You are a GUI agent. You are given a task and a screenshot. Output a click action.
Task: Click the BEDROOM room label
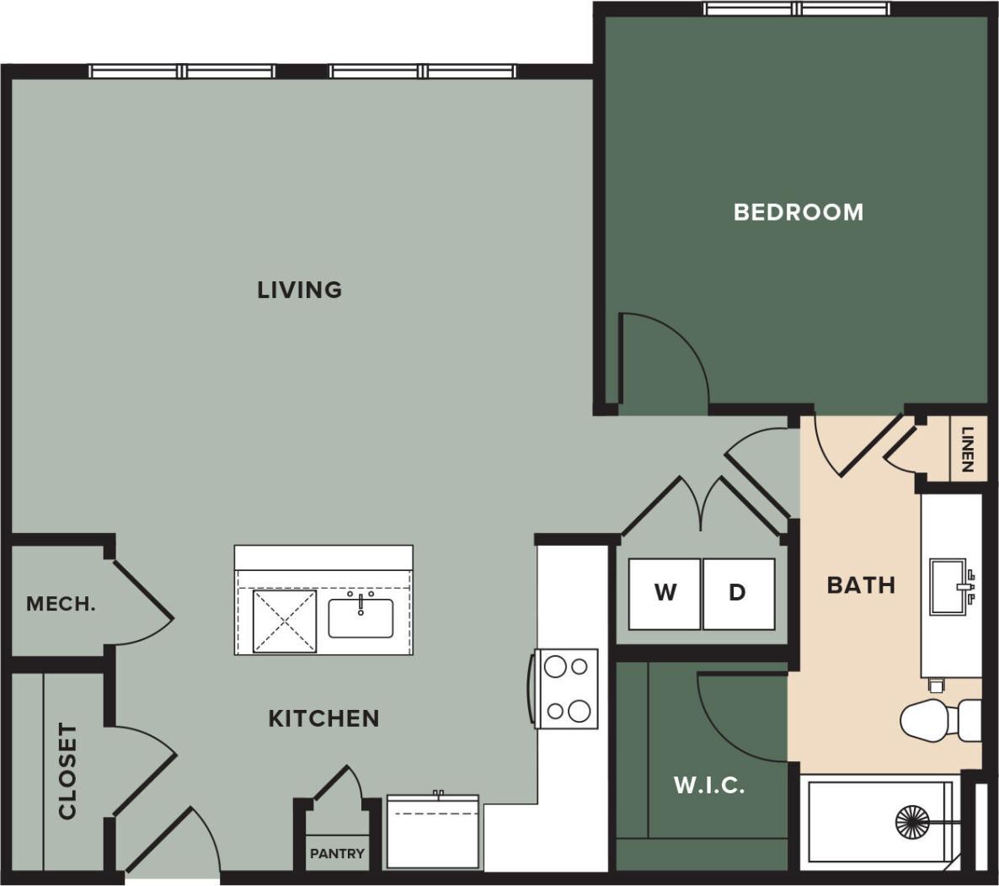[x=799, y=211]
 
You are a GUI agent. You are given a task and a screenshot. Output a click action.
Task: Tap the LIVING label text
[x=300, y=290]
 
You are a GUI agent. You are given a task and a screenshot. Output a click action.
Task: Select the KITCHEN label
[x=323, y=718]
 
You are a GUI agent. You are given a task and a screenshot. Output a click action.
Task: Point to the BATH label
[x=861, y=584]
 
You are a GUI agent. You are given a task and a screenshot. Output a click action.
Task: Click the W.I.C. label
[x=709, y=786]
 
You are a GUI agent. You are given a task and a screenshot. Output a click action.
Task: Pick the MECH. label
[x=61, y=604]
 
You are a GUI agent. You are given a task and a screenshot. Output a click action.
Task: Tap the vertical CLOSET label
[x=67, y=771]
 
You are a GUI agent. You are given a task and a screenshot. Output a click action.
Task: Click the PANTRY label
[x=337, y=853]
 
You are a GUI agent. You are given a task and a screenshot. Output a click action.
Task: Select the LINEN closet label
[x=968, y=450]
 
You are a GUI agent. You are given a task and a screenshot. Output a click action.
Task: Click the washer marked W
[x=665, y=593]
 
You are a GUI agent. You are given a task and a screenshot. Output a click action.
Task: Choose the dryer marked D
[x=738, y=593]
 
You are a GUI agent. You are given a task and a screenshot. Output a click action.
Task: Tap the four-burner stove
[x=567, y=688]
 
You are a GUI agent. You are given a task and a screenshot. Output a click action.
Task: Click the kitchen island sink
[x=361, y=617]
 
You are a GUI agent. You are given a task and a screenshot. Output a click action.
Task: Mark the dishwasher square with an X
[x=286, y=622]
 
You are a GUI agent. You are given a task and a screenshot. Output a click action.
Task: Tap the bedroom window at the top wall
[x=797, y=9]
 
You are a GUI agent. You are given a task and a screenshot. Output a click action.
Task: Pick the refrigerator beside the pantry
[x=433, y=832]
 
